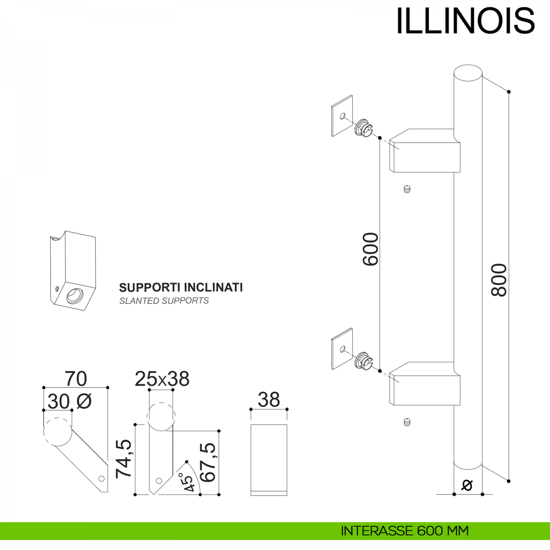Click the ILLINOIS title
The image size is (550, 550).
pyautogui.click(x=465, y=21)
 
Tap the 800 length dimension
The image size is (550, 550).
pyautogui.click(x=499, y=280)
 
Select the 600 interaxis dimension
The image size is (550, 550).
pyautogui.click(x=370, y=249)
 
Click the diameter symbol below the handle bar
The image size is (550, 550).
pyautogui.click(x=467, y=484)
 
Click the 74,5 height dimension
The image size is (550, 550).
pyautogui.click(x=124, y=459)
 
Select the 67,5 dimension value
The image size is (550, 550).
pyautogui.click(x=208, y=462)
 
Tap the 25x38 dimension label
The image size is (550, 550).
pyautogui.click(x=162, y=379)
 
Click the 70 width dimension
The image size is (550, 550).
pyautogui.click(x=76, y=379)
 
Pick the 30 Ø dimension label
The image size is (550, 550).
pyautogui.click(x=69, y=402)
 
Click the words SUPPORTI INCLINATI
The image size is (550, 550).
pyautogui.click(x=181, y=287)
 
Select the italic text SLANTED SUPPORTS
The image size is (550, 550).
pyautogui.click(x=164, y=301)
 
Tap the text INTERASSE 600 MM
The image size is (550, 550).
pyautogui.click(x=404, y=531)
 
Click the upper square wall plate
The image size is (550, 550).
pyautogui.click(x=342, y=115)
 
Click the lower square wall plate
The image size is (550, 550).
pyautogui.click(x=342, y=348)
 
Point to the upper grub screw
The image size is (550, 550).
pyautogui.click(x=407, y=189)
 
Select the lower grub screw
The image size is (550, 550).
pyautogui.click(x=407, y=422)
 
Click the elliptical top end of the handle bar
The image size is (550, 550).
pyautogui.click(x=468, y=75)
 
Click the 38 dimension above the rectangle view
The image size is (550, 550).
pyautogui.click(x=269, y=400)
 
